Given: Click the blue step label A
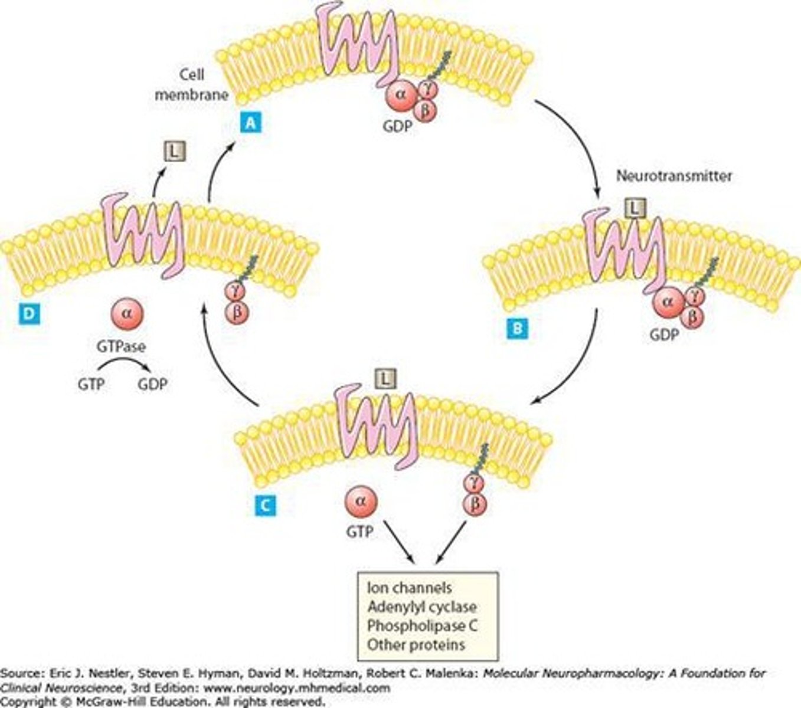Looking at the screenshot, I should tap(250, 123).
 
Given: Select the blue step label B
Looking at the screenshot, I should tap(518, 329).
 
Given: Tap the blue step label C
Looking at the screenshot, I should tap(265, 505).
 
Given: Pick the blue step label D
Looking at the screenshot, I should tap(28, 314).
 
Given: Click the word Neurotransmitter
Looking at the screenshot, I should tap(674, 176).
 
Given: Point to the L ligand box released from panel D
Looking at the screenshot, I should tap(174, 152).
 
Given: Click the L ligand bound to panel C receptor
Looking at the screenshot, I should tap(385, 379).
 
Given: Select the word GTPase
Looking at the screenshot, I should tap(121, 346).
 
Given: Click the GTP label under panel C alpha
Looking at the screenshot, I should tap(359, 532).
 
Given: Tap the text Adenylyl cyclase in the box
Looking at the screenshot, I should tap(421, 607).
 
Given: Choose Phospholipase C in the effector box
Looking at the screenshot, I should tap(422, 625).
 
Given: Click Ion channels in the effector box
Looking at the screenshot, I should tap(410, 588).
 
